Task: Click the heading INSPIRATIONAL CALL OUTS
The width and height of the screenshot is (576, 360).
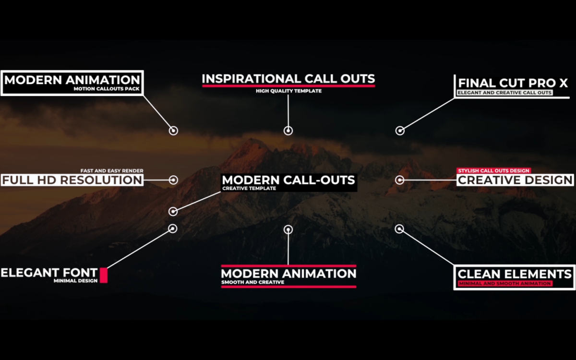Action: click(288, 79)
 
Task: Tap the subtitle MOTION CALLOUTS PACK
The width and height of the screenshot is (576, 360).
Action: click(107, 89)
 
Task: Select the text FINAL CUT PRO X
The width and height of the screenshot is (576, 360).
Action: click(513, 83)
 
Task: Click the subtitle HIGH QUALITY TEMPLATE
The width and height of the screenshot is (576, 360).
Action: click(288, 91)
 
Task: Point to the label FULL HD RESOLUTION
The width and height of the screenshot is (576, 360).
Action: click(72, 180)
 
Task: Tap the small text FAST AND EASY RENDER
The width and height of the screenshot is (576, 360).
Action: click(112, 171)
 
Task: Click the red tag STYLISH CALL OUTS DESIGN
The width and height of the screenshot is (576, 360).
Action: click(494, 170)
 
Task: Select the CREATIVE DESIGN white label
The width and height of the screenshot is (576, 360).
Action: click(516, 180)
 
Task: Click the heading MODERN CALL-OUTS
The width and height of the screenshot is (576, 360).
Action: click(288, 180)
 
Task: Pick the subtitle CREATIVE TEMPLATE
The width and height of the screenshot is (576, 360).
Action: click(249, 189)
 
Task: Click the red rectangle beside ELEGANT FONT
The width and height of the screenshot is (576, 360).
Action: click(104, 275)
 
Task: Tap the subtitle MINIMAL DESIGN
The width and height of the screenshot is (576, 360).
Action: click(76, 281)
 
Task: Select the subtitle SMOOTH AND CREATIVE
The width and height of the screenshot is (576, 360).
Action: click(253, 282)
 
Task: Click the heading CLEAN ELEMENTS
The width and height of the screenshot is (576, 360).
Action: click(514, 274)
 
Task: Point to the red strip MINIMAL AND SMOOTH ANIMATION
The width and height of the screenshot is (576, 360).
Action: click(505, 284)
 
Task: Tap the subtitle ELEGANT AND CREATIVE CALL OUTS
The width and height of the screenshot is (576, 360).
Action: click(505, 93)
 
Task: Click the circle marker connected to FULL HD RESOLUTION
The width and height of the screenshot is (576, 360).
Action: click(173, 180)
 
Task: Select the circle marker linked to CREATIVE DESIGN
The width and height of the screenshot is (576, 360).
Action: click(399, 180)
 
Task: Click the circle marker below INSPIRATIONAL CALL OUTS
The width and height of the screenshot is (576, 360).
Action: click(288, 131)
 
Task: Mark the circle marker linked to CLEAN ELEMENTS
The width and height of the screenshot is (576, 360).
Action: click(399, 229)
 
